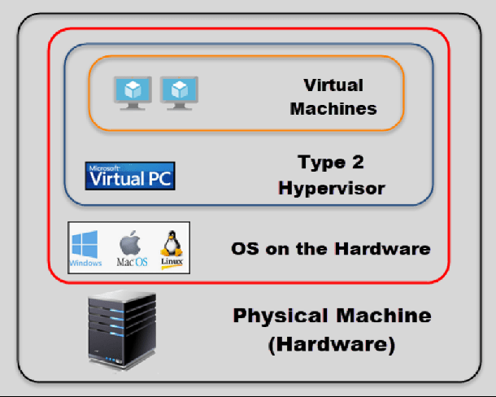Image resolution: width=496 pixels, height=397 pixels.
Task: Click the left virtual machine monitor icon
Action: click(x=133, y=93)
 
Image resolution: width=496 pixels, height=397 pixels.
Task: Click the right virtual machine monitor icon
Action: click(x=180, y=93)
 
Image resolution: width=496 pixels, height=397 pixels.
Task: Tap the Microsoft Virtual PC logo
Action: click(x=130, y=176)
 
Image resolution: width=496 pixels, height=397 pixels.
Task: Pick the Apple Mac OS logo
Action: click(x=132, y=248)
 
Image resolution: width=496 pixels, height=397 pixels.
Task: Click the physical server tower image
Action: click(x=122, y=329)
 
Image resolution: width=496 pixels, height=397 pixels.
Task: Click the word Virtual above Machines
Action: click(x=333, y=85)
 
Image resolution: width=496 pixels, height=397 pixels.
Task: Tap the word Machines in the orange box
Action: click(x=333, y=108)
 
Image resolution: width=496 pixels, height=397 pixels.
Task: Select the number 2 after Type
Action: click(x=358, y=162)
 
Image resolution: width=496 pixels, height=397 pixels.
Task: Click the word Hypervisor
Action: click(x=332, y=189)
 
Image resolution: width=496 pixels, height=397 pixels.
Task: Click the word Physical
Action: click(x=281, y=316)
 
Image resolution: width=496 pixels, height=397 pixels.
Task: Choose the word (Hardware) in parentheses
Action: click(x=332, y=344)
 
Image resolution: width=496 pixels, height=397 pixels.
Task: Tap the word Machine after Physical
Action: click(x=384, y=316)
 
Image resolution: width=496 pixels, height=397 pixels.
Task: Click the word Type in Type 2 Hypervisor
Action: click(x=322, y=163)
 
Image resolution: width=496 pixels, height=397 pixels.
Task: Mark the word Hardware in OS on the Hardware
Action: click(x=383, y=248)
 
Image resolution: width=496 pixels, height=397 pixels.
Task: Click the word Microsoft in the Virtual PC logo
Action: click(x=104, y=168)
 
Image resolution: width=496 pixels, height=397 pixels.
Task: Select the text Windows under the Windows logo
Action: click(x=85, y=263)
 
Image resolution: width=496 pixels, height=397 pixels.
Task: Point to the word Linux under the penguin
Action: click(x=172, y=261)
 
